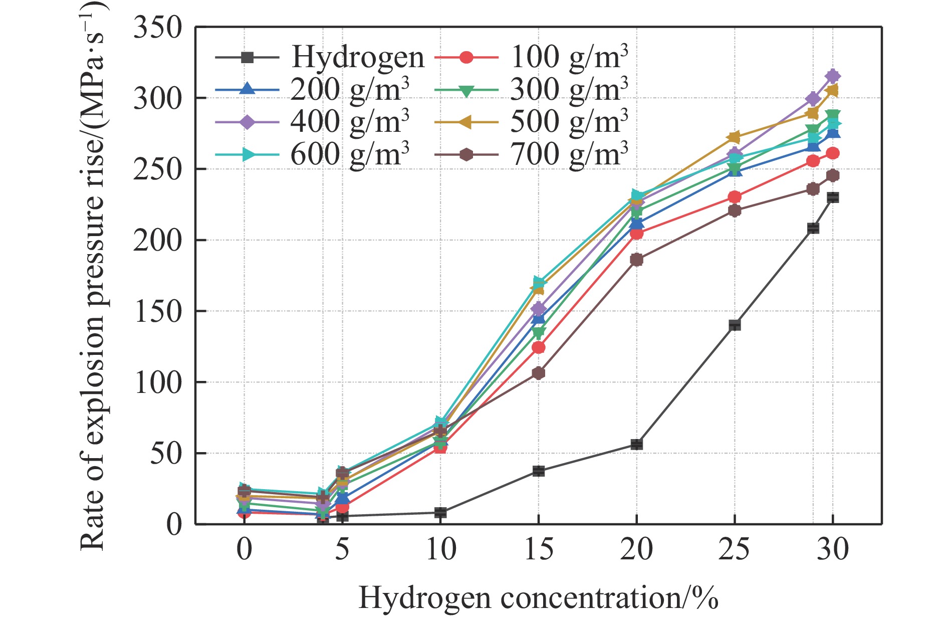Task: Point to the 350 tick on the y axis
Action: point(157,28)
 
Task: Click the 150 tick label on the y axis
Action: point(157,311)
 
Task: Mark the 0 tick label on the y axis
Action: point(173,525)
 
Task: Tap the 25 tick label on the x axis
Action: point(734,549)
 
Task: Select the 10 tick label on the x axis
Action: point(440,549)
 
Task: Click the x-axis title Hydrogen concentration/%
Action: point(538,598)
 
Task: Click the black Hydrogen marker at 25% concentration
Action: point(735,325)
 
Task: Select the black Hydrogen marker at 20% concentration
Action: point(636,444)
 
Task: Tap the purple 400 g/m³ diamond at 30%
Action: point(833,76)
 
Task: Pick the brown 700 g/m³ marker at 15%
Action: point(539,373)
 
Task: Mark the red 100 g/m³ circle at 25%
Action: point(735,196)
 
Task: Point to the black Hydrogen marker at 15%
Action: point(539,471)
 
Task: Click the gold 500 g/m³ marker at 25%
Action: point(735,137)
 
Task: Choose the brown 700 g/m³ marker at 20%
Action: point(636,260)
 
